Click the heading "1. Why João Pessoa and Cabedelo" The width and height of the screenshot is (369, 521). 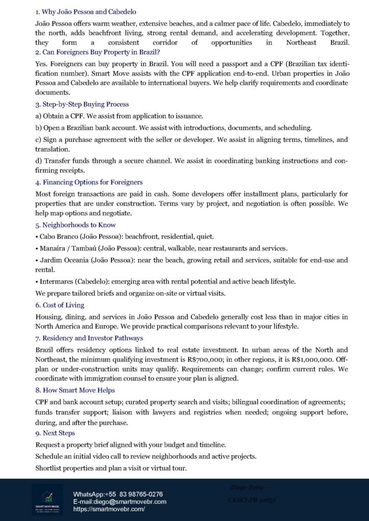point(86,11)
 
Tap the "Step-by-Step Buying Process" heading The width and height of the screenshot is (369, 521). point(82,104)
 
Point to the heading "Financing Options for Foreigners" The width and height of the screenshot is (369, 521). point(89,182)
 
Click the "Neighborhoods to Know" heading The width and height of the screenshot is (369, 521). point(75,224)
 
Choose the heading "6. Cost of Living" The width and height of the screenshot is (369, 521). point(60,305)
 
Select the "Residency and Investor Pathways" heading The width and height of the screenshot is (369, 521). point(89,338)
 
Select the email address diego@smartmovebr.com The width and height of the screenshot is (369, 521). point(134,502)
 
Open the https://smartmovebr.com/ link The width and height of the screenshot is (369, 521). point(109,509)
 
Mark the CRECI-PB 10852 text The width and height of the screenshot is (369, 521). point(252,500)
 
